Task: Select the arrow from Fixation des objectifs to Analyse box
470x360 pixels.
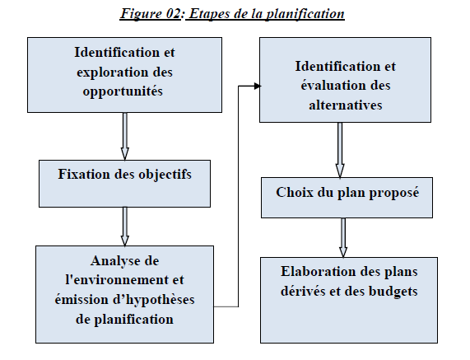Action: click(x=125, y=225)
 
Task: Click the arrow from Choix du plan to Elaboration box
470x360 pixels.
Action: click(x=343, y=237)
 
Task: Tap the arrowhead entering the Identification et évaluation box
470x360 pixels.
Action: click(x=256, y=85)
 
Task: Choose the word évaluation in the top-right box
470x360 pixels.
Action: click(x=324, y=86)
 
